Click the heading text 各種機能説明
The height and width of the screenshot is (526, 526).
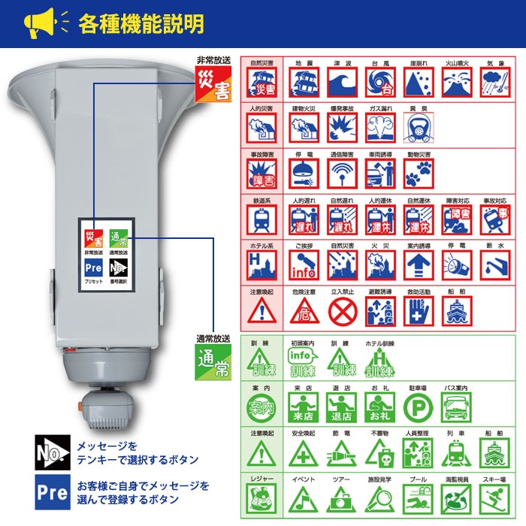(x=141, y=23)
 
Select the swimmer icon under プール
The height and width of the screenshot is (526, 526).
(x=418, y=498)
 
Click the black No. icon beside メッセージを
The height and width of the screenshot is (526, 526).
(x=52, y=453)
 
